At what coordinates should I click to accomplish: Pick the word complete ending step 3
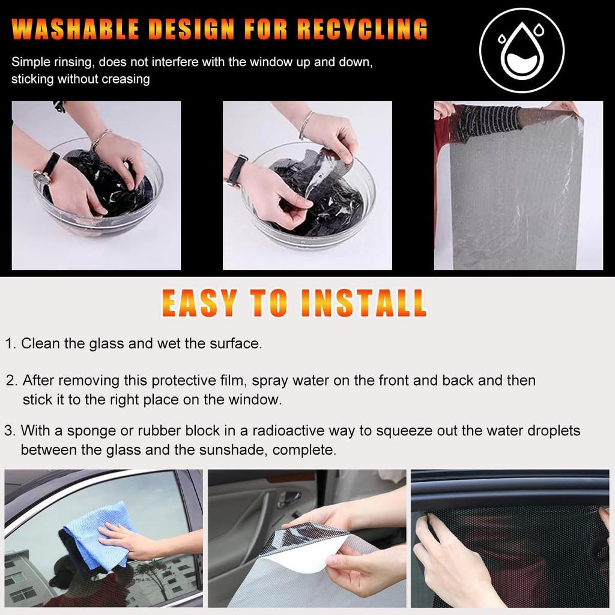(x=311, y=450)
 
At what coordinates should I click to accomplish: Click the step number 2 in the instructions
(x=10, y=380)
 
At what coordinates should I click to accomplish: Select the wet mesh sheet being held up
(x=515, y=192)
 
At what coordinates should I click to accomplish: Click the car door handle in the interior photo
(x=289, y=498)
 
